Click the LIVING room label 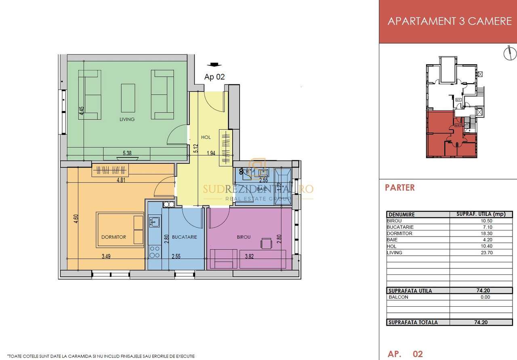click(127, 119)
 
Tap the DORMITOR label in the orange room click(114, 237)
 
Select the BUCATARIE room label click(184, 237)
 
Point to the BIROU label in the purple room click(244, 237)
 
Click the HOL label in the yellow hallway click(206, 137)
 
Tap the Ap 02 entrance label click(214, 77)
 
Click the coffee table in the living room click(128, 98)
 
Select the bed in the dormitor click(120, 230)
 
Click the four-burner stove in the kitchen click(154, 252)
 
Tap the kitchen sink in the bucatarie click(154, 222)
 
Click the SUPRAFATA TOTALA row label click(412, 322)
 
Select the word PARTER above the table click(400, 188)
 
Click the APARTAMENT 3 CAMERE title click(449, 21)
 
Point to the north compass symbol click(510, 53)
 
